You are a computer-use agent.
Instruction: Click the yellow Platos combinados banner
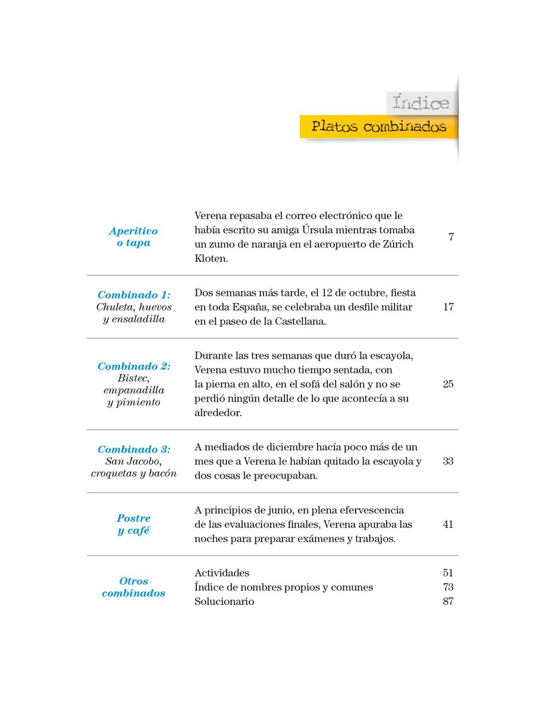click(x=378, y=126)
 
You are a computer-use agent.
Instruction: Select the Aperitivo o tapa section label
click(x=133, y=237)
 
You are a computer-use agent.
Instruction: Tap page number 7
click(x=451, y=237)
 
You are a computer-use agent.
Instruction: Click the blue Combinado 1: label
click(x=134, y=295)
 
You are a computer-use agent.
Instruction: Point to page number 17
click(x=448, y=307)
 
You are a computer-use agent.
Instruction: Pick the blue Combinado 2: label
click(x=134, y=366)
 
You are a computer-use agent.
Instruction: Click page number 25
click(x=448, y=384)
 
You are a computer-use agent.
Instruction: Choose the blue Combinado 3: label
click(x=134, y=450)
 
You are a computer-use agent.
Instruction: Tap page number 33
click(x=448, y=461)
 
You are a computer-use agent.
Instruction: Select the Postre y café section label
click(x=134, y=525)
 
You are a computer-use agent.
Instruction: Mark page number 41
click(x=448, y=525)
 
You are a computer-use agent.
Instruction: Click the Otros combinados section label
click(x=134, y=587)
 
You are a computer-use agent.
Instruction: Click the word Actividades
click(x=222, y=573)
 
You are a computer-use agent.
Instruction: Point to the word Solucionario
click(x=224, y=602)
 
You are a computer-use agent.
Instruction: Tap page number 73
click(x=448, y=587)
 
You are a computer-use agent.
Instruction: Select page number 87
click(x=448, y=602)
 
